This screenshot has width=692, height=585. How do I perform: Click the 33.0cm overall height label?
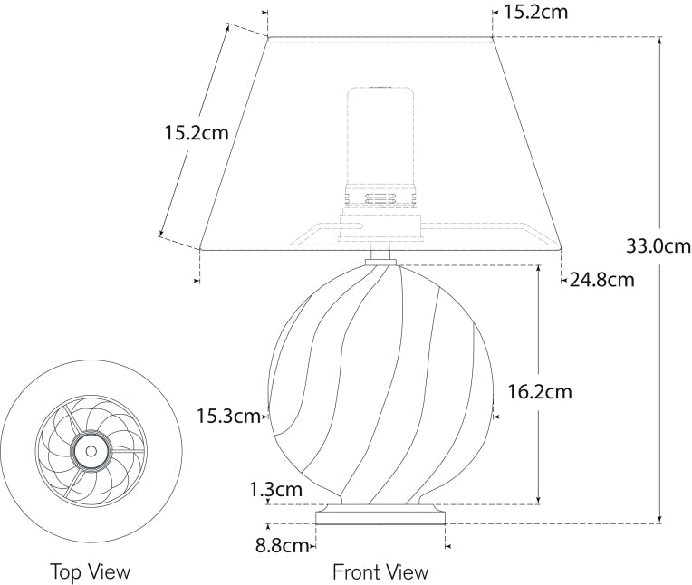pos(658,246)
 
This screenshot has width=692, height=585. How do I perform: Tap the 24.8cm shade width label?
pos(602,280)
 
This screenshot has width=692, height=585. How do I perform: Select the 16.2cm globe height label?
pos(540,392)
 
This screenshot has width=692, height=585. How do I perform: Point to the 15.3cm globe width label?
pos(228,416)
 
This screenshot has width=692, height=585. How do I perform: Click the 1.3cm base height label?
pos(276,489)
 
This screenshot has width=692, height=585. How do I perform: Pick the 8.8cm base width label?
pos(281,546)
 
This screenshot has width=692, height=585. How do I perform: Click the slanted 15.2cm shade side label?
pos(197,133)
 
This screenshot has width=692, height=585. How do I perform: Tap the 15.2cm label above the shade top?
pos(535,13)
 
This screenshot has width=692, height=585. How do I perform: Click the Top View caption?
pos(91,572)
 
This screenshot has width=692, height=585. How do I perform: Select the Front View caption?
pos(380,572)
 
